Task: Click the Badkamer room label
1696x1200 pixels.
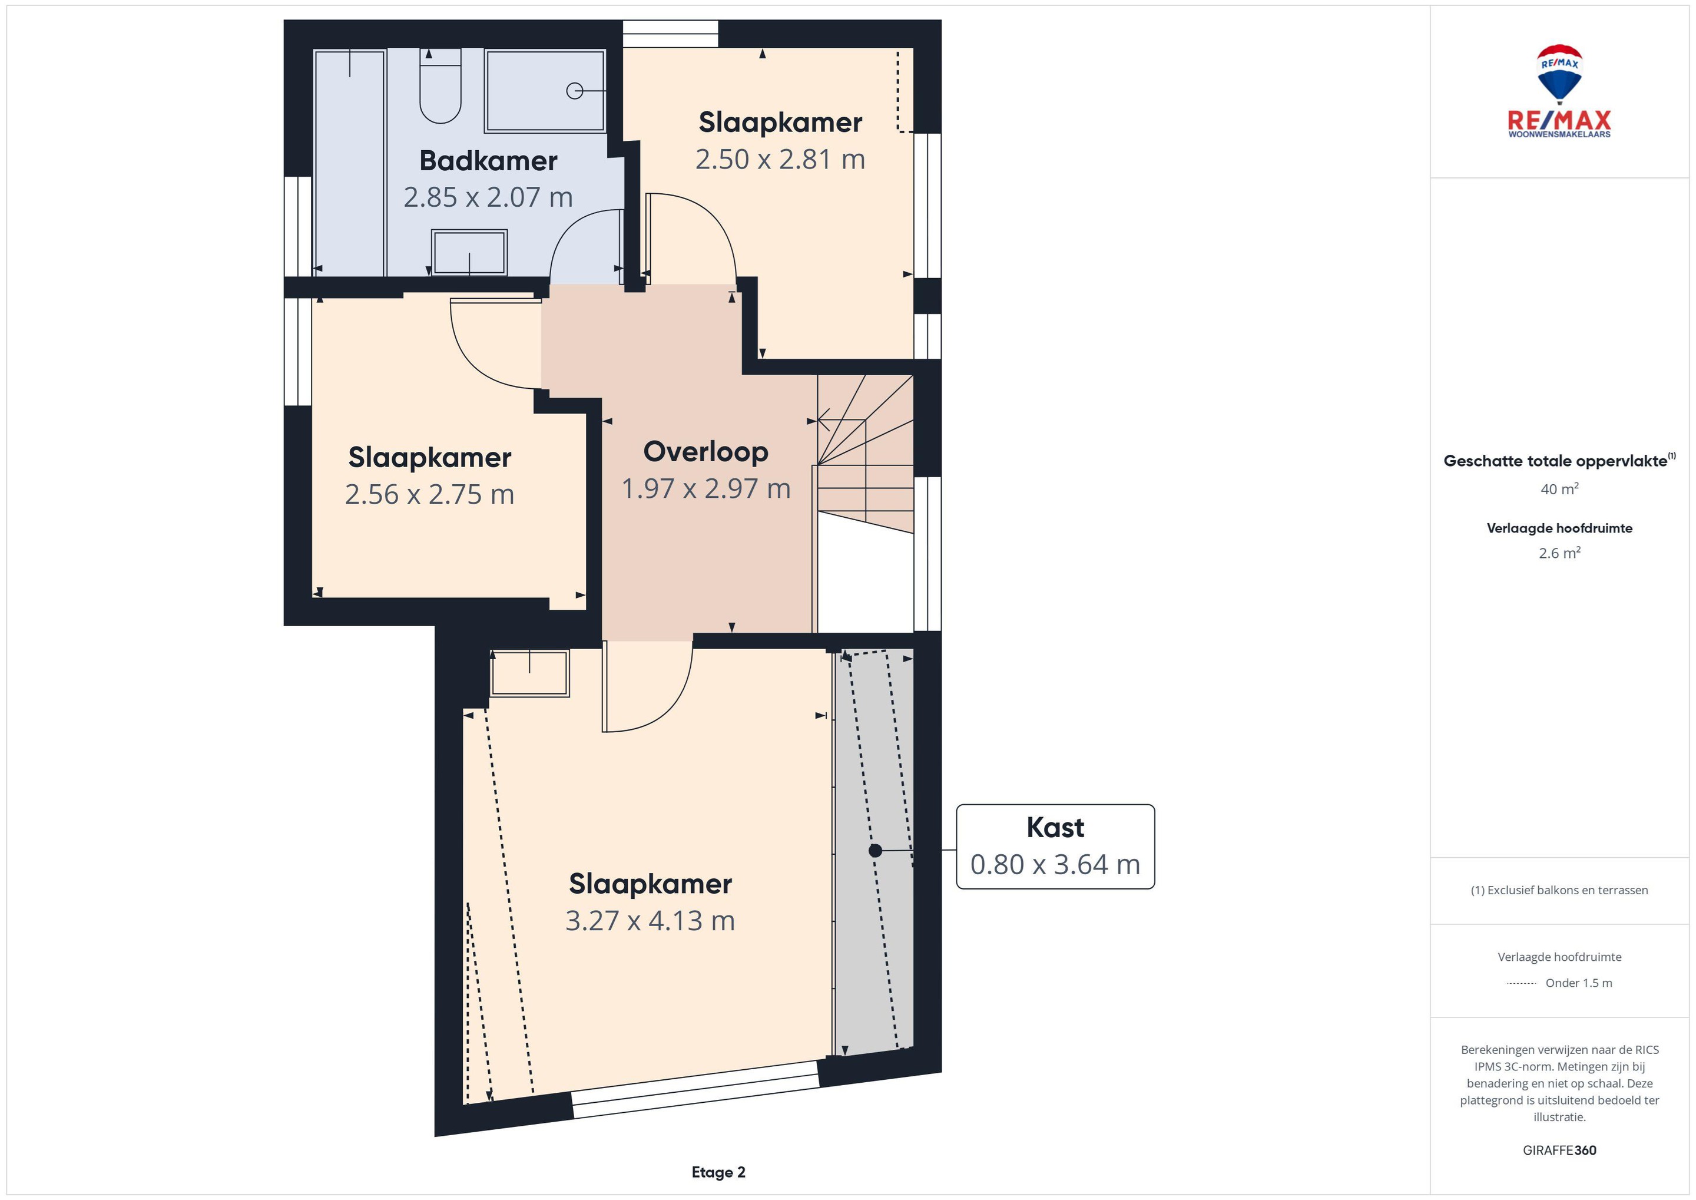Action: (x=488, y=160)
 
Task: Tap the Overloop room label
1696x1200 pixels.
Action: (x=705, y=451)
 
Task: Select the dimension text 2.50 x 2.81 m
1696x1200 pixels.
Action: (x=780, y=159)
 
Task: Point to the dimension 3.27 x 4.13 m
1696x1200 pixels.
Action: (x=650, y=921)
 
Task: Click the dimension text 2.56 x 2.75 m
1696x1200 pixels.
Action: (x=429, y=494)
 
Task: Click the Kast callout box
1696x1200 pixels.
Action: (x=1055, y=846)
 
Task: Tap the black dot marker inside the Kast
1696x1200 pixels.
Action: (x=875, y=851)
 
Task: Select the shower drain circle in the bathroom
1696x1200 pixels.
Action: (x=574, y=91)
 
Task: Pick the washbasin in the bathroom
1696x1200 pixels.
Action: (x=469, y=252)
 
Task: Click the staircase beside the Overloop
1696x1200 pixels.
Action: (x=865, y=454)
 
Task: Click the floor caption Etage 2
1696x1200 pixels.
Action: (x=718, y=1172)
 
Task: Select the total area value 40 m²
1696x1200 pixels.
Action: (x=1559, y=488)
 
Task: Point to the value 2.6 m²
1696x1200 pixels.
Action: (x=1559, y=553)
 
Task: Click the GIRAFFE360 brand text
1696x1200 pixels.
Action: (x=1559, y=1150)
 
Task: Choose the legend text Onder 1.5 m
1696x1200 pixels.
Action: (x=1579, y=983)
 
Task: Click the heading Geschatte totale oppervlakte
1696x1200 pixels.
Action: (x=1555, y=461)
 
